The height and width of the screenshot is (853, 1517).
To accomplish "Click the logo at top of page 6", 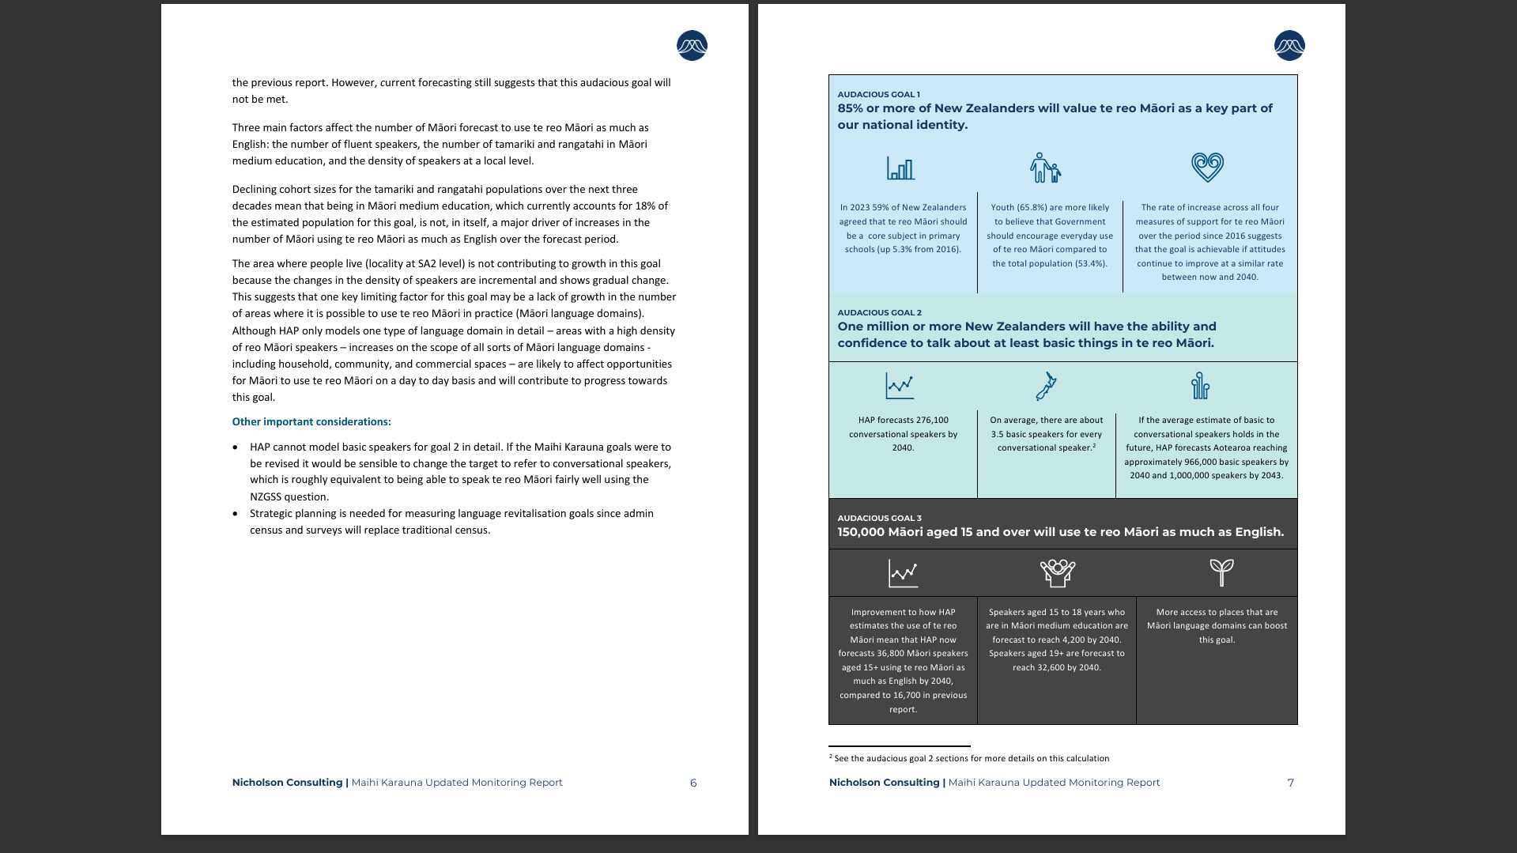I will pos(692,46).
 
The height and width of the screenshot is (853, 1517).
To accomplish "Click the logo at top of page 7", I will pos(1289,46).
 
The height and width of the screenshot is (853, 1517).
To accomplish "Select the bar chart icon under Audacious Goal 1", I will pos(900,168).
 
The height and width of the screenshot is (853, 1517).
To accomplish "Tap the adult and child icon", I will pos(1045,168).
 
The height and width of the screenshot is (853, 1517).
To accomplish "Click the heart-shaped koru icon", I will pos(1207,167).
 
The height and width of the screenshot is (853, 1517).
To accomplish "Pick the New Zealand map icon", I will pos(1046,387).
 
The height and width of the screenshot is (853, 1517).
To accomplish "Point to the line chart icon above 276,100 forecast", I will pos(900,386).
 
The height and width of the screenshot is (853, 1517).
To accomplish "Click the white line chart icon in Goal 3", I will pos(903,573).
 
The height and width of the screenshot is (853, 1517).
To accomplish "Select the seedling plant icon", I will pos(1221,572).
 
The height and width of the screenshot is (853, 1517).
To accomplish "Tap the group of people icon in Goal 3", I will pos(1058,572).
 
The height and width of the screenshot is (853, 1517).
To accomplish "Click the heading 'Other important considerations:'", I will pos(311,422).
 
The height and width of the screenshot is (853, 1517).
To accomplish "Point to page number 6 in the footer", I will pos(693,783).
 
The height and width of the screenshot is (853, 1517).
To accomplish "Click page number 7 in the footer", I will pos(1291,783).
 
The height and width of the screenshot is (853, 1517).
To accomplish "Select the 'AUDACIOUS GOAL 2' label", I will pos(879,313).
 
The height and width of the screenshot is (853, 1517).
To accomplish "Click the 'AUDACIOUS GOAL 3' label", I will pos(879,519).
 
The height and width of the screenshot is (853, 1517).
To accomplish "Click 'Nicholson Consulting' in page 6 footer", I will pos(287,783).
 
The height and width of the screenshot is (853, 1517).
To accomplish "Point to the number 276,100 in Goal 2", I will pos(932,421).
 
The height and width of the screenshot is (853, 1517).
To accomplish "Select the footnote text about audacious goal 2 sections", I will pos(972,759).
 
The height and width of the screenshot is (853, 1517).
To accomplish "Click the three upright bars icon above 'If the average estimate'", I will pos(1200,386).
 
